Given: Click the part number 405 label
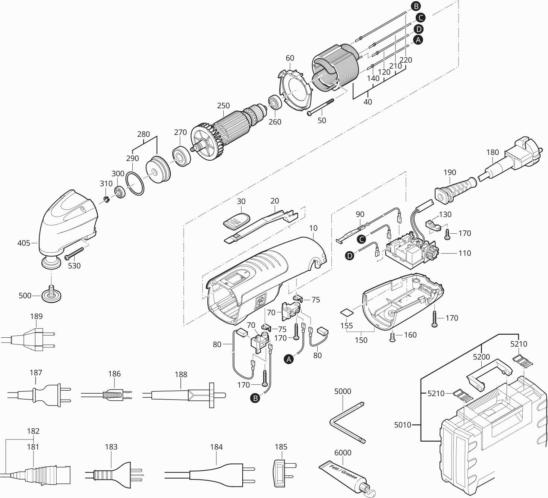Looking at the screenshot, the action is coord(24,243).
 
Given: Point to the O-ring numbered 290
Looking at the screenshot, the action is coord(135,183).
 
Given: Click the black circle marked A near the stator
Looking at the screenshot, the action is coord(418,40).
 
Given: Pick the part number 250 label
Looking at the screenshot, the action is coord(223,105).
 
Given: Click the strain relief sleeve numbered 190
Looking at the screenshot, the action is coord(456,191).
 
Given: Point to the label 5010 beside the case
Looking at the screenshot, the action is coord(403,425).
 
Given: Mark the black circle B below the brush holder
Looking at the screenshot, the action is coord(255,398).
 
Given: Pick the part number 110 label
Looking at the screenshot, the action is coord(464,253).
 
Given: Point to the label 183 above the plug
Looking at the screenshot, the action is coord(111,447).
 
